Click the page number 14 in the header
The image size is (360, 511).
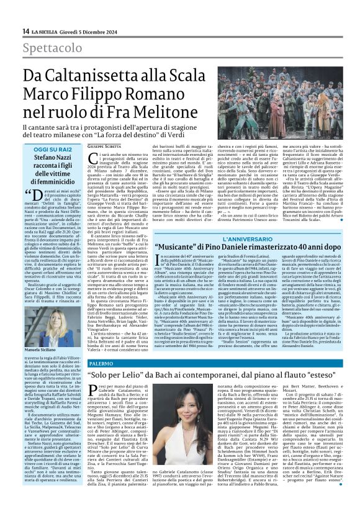tap(25, 31)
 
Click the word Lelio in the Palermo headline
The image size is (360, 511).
tap(146, 376)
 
